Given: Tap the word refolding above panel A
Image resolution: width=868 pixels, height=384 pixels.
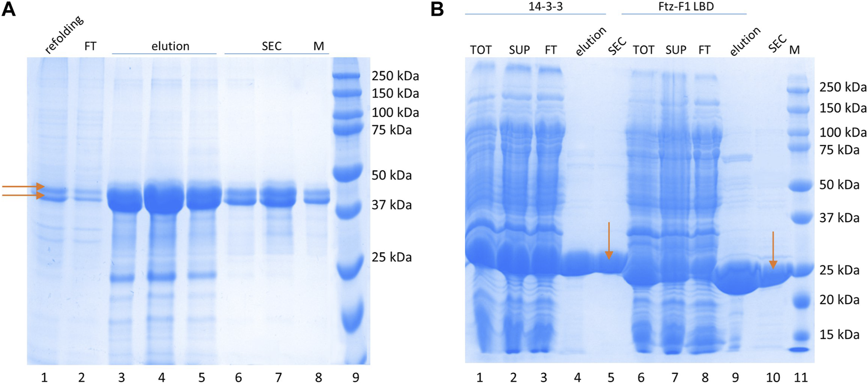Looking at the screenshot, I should click(64, 34).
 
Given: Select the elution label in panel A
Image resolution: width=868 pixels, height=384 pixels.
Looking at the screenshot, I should click(170, 46).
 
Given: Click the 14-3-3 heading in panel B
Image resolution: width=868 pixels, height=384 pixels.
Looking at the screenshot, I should click(535, 6).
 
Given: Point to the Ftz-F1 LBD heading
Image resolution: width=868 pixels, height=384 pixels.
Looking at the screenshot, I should click(686, 6).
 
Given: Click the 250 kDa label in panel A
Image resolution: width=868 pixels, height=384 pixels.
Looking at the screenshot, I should click(395, 76).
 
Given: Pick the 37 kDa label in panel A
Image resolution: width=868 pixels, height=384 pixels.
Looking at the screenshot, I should click(391, 205).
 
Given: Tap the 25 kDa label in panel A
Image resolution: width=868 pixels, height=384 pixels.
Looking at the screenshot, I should click(391, 257).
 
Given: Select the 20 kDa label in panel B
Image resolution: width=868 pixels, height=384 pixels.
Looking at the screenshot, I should click(839, 299).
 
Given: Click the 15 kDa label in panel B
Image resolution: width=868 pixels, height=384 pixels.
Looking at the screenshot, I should click(839, 335).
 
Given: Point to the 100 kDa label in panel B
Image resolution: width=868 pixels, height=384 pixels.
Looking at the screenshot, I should click(843, 132).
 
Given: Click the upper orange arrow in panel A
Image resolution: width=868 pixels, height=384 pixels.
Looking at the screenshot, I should click(24, 187).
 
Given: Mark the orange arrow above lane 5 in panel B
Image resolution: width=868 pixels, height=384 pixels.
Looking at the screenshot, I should click(609, 240).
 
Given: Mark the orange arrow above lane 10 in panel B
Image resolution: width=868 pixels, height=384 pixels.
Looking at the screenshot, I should click(773, 250).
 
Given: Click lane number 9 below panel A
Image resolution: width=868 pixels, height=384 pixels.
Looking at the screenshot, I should click(356, 377).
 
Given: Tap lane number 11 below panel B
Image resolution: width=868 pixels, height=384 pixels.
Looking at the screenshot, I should click(800, 377).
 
